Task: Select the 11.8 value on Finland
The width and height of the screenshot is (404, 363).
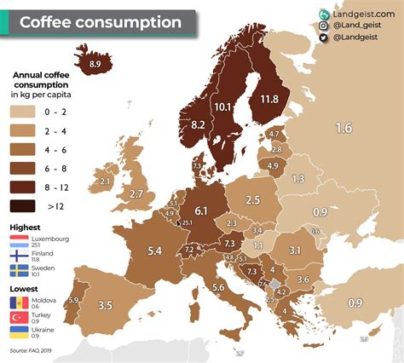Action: click(269, 100)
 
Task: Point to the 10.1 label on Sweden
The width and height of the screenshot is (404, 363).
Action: click(223, 107)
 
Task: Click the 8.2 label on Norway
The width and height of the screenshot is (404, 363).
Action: click(198, 125)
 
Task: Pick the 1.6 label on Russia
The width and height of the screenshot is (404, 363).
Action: click(343, 129)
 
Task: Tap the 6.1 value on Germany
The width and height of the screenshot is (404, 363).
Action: click(201, 210)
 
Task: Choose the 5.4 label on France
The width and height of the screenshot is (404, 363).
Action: click(155, 251)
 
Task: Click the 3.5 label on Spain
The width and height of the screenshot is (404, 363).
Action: click(106, 304)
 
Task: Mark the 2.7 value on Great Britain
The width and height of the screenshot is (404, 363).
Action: click(136, 194)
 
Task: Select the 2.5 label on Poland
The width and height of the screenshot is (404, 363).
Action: click(252, 200)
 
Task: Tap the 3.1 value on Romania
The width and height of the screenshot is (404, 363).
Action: click(295, 250)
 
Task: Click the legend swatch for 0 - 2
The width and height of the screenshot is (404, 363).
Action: click(20, 112)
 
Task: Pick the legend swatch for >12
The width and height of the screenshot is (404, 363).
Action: click(20, 205)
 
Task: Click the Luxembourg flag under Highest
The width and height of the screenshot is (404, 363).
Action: click(20, 241)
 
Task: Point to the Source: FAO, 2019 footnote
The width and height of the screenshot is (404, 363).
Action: click(33, 350)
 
